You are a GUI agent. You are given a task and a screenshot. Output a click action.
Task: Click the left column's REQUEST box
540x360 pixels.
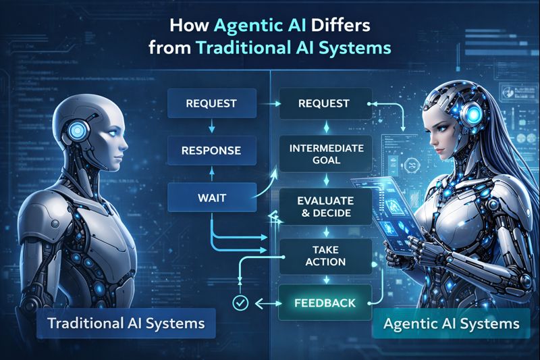(x=212, y=104)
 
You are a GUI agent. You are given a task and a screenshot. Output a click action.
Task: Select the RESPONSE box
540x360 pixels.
(x=212, y=149)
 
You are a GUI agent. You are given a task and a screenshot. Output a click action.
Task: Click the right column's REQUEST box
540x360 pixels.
(x=323, y=104)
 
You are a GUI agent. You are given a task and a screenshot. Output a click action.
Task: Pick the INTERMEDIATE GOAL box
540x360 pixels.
(x=325, y=155)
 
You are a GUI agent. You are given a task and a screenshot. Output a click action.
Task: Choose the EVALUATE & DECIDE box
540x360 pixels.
(x=325, y=207)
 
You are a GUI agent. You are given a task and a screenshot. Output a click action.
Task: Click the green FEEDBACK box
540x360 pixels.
(x=325, y=303)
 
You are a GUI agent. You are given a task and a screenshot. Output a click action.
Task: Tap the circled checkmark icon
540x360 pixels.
(x=238, y=303)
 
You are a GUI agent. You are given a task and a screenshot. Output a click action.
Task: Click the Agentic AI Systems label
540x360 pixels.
(x=451, y=324)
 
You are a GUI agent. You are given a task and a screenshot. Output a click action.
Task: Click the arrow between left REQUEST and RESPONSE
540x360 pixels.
(x=212, y=126)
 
